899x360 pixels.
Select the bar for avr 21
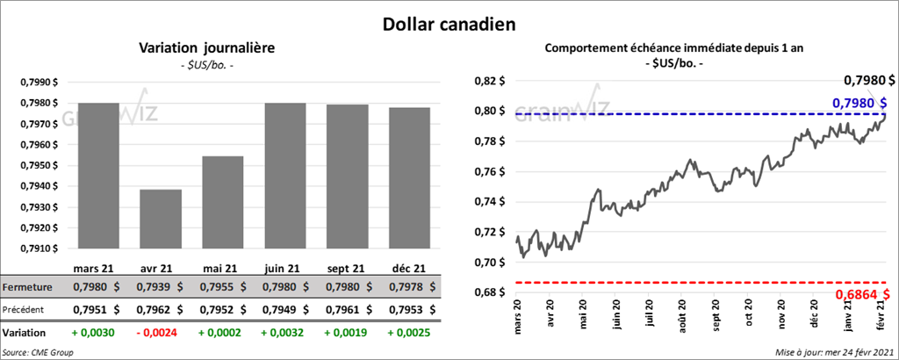click(x=160, y=220)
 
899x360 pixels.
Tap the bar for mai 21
click(x=222, y=203)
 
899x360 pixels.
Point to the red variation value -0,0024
click(x=161, y=334)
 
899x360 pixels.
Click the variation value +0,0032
click(x=285, y=334)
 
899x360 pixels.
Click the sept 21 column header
click(x=348, y=268)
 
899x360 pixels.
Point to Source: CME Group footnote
click(x=38, y=352)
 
